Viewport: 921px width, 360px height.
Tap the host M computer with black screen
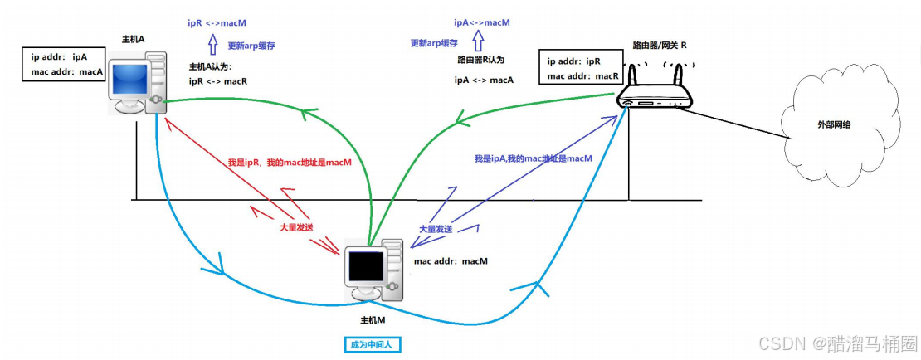click(373, 270)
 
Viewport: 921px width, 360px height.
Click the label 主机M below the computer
click(372, 320)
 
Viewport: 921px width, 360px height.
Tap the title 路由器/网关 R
click(660, 44)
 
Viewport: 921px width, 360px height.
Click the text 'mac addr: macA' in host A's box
click(66, 72)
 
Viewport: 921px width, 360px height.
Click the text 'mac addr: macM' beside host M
click(451, 261)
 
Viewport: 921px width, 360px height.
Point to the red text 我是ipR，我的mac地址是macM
click(289, 163)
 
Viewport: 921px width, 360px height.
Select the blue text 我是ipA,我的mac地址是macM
click(533, 158)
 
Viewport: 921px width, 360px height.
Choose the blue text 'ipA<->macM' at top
click(481, 23)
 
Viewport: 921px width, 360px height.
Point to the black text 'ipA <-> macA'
click(484, 80)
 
